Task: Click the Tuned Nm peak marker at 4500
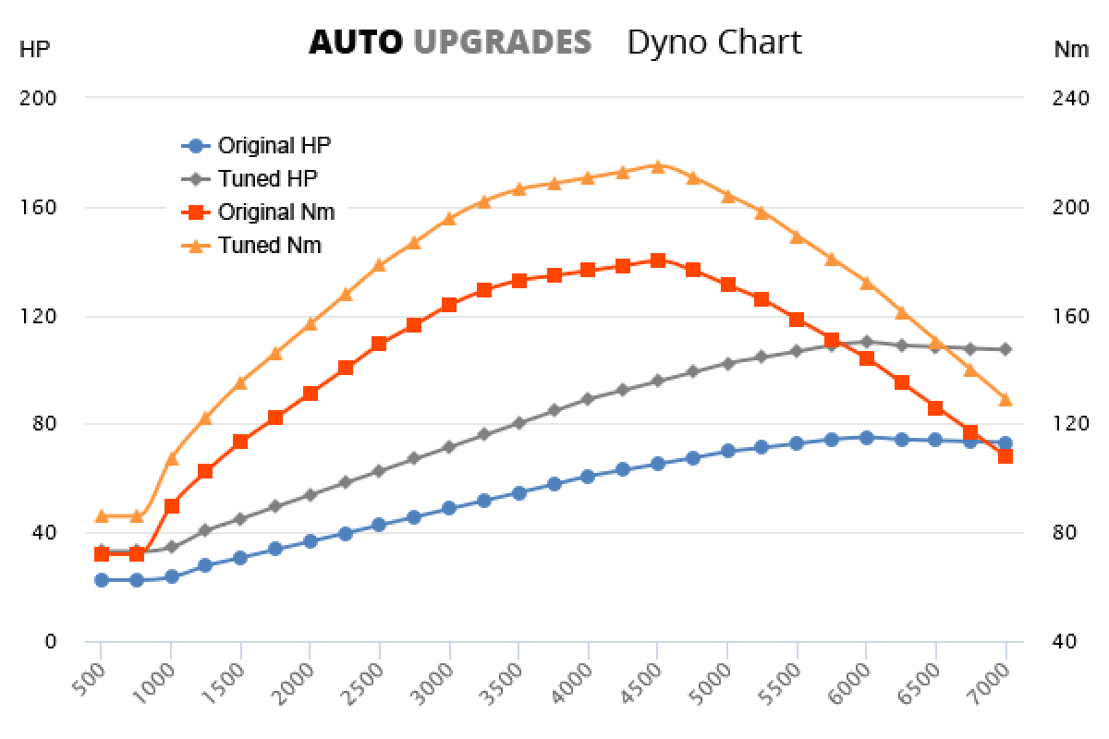click(x=657, y=166)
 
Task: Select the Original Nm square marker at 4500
click(x=657, y=260)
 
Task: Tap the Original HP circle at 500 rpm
click(x=102, y=580)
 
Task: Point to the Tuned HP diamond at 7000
click(x=1005, y=349)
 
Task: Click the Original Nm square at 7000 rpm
click(x=1005, y=455)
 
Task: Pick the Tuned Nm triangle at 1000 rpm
click(x=172, y=458)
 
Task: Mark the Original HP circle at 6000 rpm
click(x=866, y=438)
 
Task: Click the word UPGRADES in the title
click(x=502, y=42)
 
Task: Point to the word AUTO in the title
click(x=356, y=42)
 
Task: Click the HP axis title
click(x=34, y=50)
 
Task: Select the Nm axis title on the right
click(x=1071, y=50)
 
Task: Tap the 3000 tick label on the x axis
click(x=439, y=684)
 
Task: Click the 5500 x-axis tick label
click(x=786, y=684)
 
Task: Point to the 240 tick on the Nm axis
click(x=1070, y=98)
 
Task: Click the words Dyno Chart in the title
click(x=713, y=42)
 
